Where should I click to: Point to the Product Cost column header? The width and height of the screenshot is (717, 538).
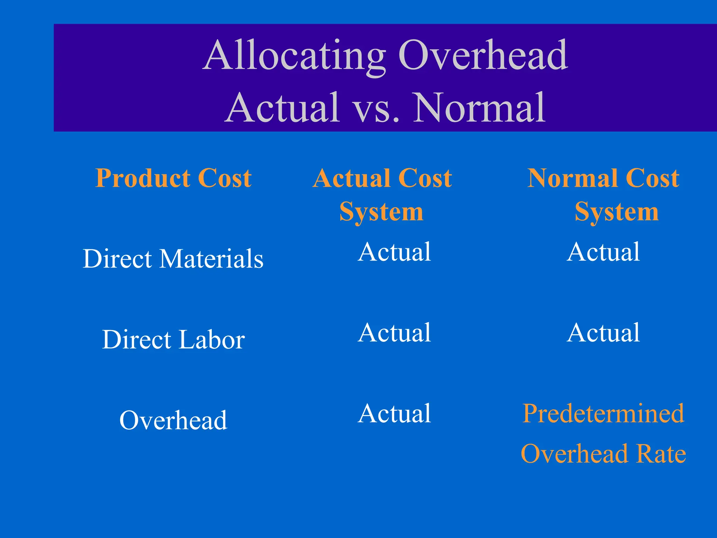click(x=173, y=178)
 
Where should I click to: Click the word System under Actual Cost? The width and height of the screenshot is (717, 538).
click(x=381, y=212)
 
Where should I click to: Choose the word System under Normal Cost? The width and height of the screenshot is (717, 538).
click(x=617, y=212)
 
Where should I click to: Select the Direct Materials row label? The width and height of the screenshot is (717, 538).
click(x=173, y=259)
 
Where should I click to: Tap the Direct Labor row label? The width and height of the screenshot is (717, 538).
click(x=173, y=340)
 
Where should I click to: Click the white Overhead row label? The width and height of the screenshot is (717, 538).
click(x=173, y=420)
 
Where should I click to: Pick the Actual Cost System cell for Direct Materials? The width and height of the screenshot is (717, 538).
click(x=394, y=252)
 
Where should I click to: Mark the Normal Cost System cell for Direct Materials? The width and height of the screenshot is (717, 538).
click(x=603, y=252)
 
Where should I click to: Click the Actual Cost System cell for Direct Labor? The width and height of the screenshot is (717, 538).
click(x=394, y=333)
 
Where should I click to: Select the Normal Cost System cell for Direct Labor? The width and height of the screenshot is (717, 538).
click(x=603, y=333)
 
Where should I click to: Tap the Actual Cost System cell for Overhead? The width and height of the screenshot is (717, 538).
click(x=394, y=414)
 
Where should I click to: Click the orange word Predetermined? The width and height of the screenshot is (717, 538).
click(x=603, y=414)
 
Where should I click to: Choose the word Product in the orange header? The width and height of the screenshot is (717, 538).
click(x=142, y=178)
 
